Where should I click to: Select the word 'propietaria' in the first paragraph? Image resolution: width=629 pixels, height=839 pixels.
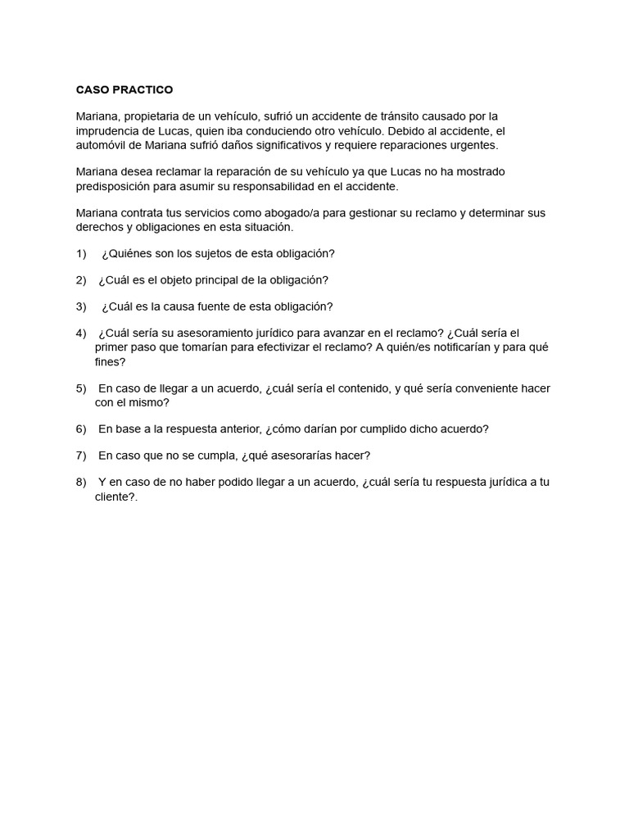[152, 116]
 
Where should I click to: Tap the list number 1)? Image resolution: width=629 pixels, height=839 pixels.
[81, 254]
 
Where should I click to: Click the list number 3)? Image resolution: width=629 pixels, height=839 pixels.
[81, 306]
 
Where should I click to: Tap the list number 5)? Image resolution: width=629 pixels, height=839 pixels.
[81, 388]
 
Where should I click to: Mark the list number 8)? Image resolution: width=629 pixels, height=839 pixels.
[81, 482]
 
